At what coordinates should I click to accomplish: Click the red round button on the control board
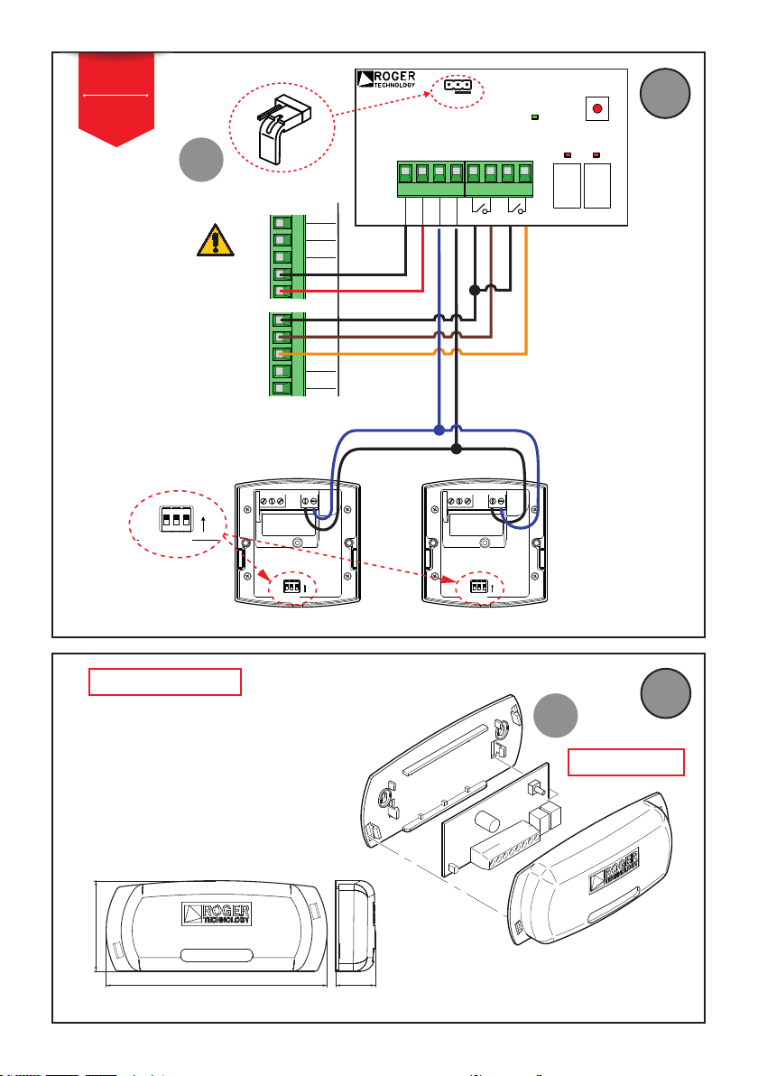(596, 108)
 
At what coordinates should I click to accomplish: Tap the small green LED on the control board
(535, 117)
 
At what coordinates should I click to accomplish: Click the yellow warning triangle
(216, 240)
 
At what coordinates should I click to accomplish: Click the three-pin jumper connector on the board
(458, 85)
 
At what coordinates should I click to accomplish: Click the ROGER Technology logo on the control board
(387, 79)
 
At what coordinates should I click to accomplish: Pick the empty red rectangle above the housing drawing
(164, 682)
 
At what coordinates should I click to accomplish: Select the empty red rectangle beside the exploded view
(626, 763)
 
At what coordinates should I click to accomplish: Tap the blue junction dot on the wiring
(439, 431)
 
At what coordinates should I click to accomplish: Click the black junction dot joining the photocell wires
(457, 449)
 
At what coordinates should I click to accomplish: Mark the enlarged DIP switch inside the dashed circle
(176, 519)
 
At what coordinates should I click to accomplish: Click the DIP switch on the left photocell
(291, 587)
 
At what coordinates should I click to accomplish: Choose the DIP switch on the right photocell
(478, 587)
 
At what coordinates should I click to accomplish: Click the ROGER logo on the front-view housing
(217, 914)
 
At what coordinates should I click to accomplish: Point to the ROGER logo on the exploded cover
(614, 871)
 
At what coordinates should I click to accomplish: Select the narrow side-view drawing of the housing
(356, 926)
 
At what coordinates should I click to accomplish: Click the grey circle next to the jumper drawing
(201, 160)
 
